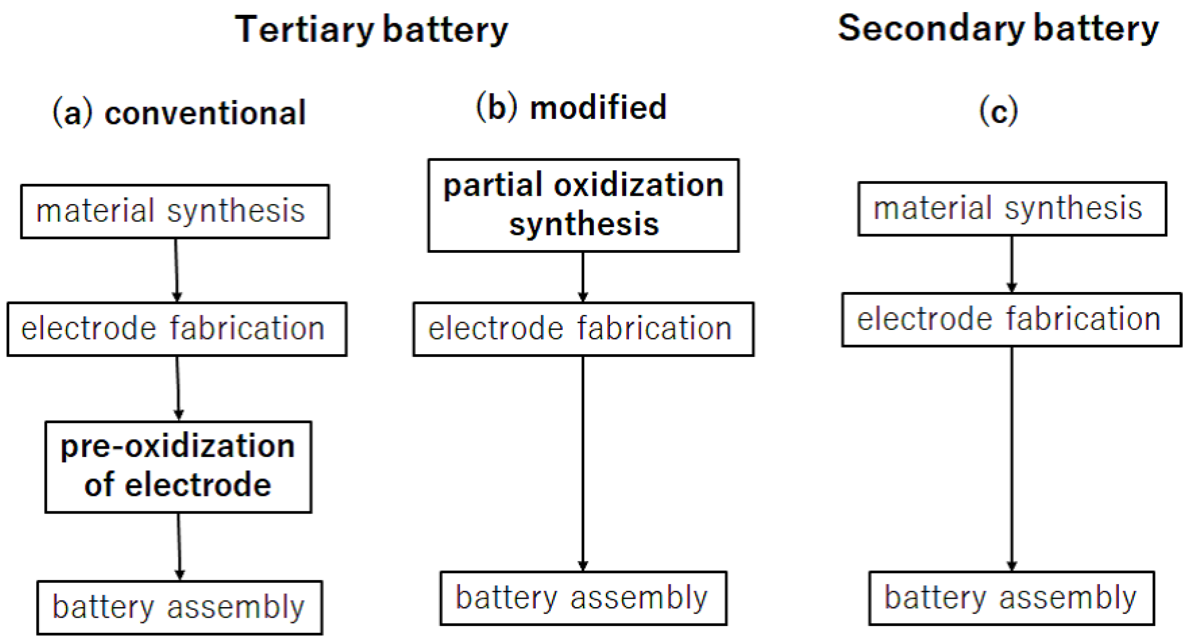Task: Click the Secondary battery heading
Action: coord(998,29)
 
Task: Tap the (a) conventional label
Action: coord(179,112)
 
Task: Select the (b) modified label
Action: coord(571,107)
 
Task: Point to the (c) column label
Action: coord(998,111)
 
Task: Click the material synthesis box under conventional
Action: coord(175,211)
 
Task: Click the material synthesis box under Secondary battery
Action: coord(1012,209)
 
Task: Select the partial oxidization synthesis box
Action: coord(583,205)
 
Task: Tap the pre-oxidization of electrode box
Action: coord(178,466)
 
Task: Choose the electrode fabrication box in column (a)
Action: coord(177,329)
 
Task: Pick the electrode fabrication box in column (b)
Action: coord(583,329)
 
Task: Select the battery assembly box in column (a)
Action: coord(179,607)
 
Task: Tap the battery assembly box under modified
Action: coord(583,598)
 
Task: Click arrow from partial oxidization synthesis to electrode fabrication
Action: coord(582,276)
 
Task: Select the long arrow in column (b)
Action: coord(582,462)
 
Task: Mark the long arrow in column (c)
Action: coord(1012,457)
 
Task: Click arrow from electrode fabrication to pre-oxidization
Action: coord(178,388)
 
